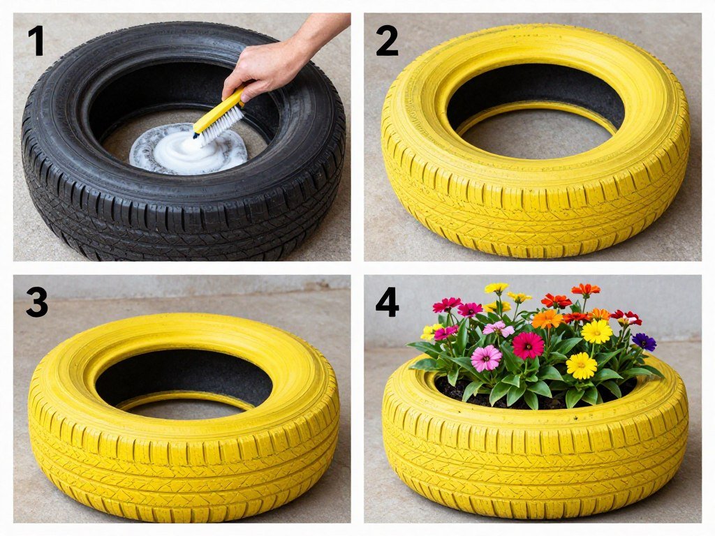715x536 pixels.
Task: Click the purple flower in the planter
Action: [644, 341]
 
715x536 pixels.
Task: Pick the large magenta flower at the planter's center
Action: [528, 345]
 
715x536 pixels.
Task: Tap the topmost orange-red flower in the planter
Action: [585, 289]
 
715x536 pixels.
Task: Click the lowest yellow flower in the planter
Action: [581, 365]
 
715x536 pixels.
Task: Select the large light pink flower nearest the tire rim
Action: [486, 358]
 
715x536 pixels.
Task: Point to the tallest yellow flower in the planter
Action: [496, 288]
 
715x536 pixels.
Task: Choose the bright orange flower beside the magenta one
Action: [547, 319]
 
